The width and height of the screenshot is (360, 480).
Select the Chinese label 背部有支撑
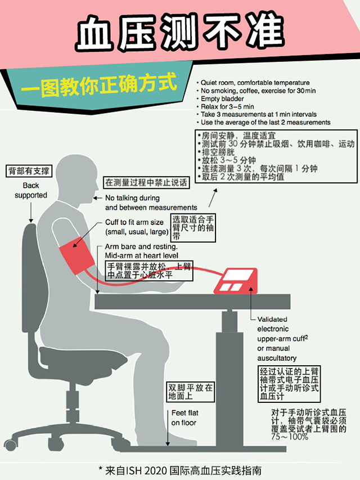point(29,170)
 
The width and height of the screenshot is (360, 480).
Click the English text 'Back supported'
point(31,190)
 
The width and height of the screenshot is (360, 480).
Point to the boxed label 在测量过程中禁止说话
point(145,182)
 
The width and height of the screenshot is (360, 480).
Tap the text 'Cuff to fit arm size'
point(134,222)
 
